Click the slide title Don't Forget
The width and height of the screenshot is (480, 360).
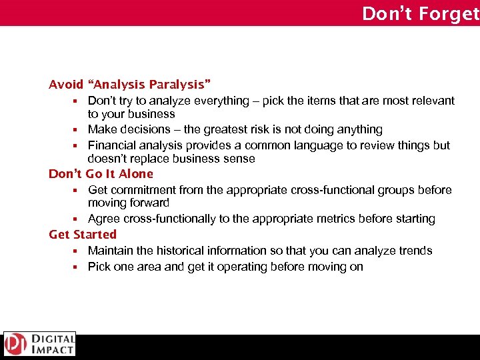(x=420, y=13)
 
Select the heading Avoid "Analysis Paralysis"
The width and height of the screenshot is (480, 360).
(x=130, y=85)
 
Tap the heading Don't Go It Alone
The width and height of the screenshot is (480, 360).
(x=101, y=174)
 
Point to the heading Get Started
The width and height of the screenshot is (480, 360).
(x=83, y=235)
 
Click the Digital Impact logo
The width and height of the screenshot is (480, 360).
(x=39, y=344)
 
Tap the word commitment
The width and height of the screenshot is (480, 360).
(x=141, y=190)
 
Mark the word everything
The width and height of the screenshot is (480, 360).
(x=218, y=101)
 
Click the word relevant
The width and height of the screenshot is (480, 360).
(x=433, y=101)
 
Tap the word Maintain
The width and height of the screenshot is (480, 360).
(x=110, y=251)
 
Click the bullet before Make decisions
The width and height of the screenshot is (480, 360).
(x=76, y=130)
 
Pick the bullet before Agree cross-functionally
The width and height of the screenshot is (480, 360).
(x=76, y=219)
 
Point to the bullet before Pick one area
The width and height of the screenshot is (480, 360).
(x=76, y=267)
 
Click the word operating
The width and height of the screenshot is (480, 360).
(x=247, y=267)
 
